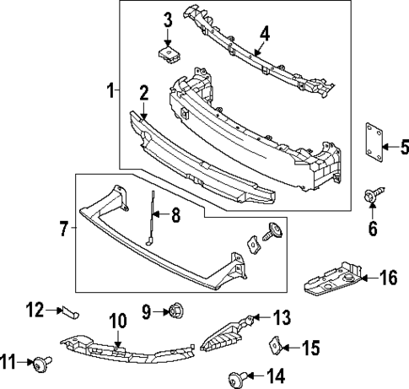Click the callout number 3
tap(167, 19)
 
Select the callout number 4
tap(265, 34)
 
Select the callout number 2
tap(144, 92)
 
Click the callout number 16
tap(388, 277)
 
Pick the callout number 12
tap(33, 310)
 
